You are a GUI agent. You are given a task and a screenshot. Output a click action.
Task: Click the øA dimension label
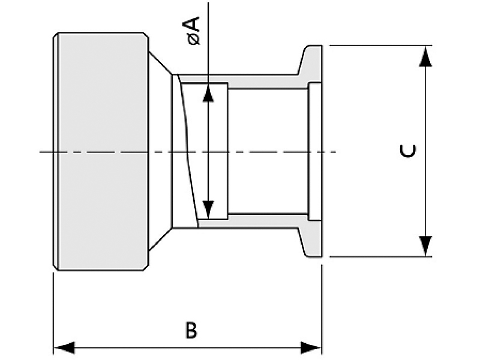coord(193,31)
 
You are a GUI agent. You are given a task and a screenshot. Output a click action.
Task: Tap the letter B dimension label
coord(191,331)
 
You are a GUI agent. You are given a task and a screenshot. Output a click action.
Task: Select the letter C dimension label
coord(408,151)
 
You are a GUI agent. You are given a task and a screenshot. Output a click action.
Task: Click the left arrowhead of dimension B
coord(64,347)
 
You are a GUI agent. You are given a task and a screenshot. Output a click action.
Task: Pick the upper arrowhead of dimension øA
coord(208,93)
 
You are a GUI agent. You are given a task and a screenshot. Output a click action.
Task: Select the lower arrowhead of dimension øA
coord(208,208)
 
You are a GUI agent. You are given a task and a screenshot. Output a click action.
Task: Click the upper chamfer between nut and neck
coord(159,65)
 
